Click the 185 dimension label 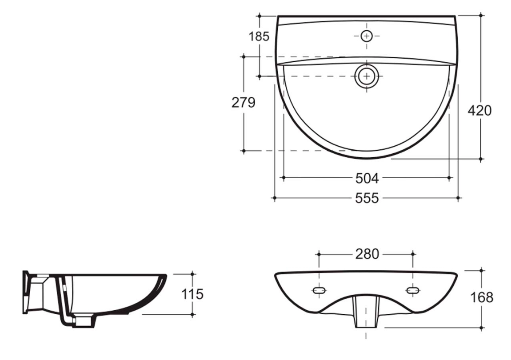[x=259, y=36]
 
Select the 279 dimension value [x=243, y=103]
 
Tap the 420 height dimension [x=480, y=110]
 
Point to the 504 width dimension [x=367, y=178]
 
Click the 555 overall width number [x=367, y=198]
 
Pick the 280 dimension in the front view [x=367, y=254]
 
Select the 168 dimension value [x=482, y=297]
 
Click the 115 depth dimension [x=192, y=294]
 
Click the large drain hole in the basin [x=367, y=76]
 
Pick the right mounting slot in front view [x=413, y=291]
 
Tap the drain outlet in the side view [x=84, y=320]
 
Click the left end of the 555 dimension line [x=275, y=198]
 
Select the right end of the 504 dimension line [x=449, y=178]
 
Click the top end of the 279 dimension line [x=244, y=56]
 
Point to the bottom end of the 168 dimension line [x=482, y=328]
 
